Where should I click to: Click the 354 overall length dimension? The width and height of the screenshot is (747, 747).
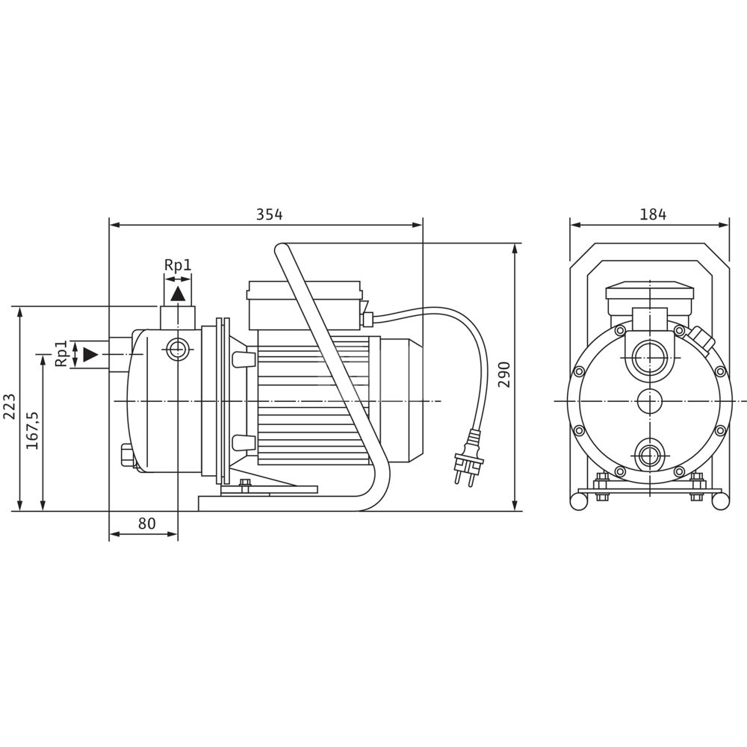[x=270, y=214]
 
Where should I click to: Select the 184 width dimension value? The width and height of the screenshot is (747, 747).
[x=653, y=214]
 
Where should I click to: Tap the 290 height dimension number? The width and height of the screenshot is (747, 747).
[x=504, y=374]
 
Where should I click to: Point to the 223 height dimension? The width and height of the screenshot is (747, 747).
[x=10, y=406]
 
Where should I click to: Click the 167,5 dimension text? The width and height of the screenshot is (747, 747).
[x=32, y=431]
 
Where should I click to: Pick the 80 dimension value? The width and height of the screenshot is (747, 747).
[x=146, y=524]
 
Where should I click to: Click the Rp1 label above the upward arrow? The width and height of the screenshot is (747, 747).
[x=178, y=265]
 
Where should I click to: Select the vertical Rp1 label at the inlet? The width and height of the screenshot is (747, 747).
[x=61, y=353]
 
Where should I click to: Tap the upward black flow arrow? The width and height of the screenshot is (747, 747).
[x=179, y=294]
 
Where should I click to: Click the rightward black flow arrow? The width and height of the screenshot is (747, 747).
[x=90, y=354]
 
